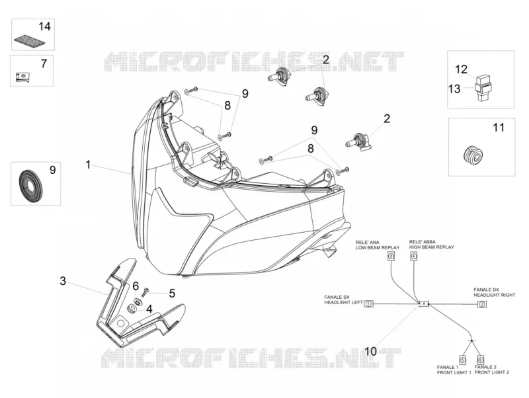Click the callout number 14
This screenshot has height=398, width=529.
point(44,26)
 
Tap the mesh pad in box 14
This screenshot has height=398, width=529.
point(30,40)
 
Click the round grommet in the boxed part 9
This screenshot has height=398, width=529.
point(30,184)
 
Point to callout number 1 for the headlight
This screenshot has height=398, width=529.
point(88,165)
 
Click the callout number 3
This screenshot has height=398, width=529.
point(63,281)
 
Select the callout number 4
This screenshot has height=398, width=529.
point(149,308)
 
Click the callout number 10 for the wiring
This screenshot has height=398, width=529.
point(370,352)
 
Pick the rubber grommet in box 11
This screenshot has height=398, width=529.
point(473,155)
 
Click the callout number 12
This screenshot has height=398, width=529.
point(461,69)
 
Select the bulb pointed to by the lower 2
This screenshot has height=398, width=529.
point(359,141)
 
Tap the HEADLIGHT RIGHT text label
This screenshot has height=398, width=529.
point(494,295)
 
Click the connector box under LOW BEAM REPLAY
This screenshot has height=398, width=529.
point(391,257)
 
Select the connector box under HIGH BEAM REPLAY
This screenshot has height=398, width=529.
point(414,257)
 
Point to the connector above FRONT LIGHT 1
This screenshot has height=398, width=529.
point(463,360)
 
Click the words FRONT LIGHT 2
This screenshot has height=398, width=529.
point(491,372)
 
